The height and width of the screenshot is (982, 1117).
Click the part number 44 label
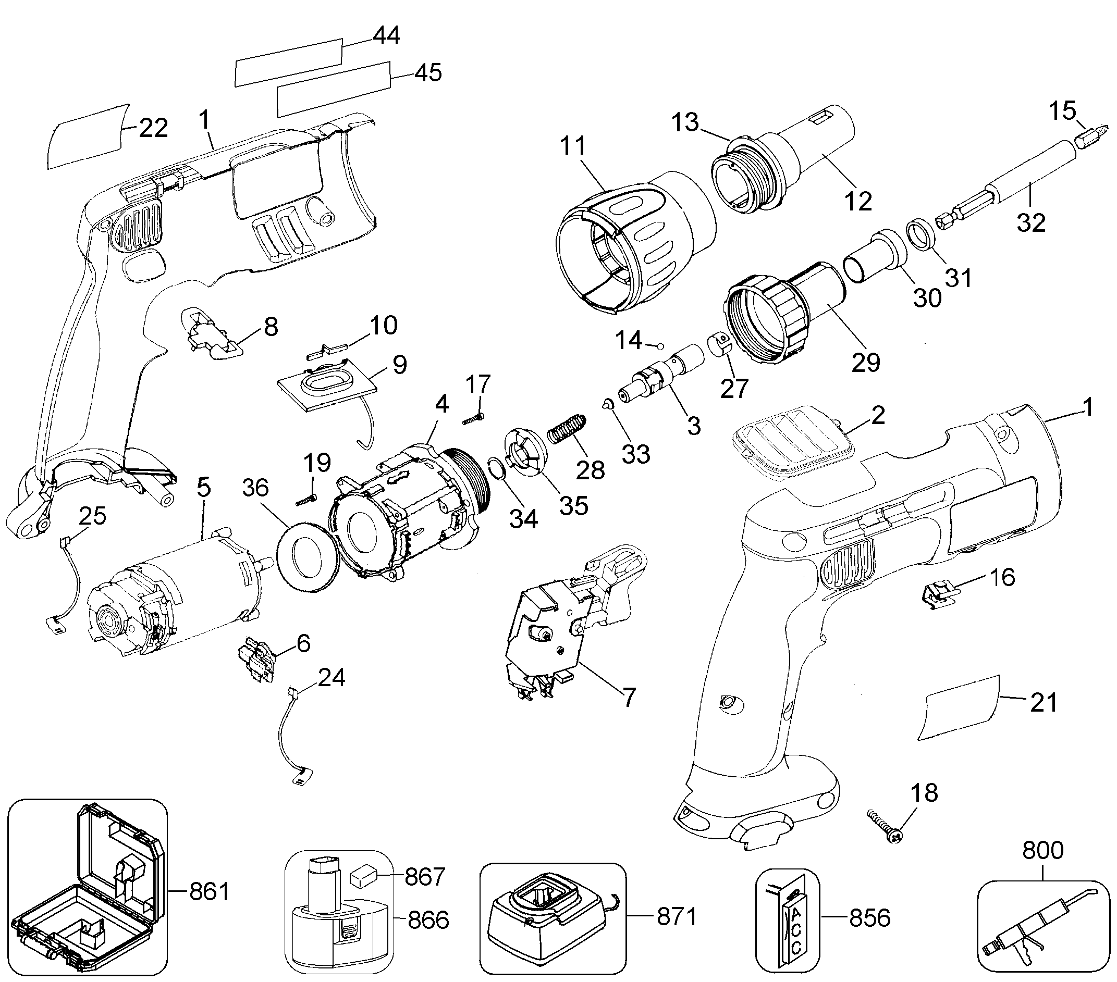pos(386,35)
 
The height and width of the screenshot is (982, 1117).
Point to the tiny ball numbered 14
pos(660,346)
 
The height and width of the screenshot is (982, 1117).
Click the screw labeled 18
pos(884,828)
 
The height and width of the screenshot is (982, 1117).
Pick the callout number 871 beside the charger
pos(677,916)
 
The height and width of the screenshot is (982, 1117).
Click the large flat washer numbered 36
pos(305,556)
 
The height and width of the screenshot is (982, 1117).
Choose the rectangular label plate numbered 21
pos(960,707)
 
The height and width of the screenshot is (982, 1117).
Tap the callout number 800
pos(1042,850)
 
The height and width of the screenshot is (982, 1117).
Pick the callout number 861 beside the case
pos(209,892)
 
